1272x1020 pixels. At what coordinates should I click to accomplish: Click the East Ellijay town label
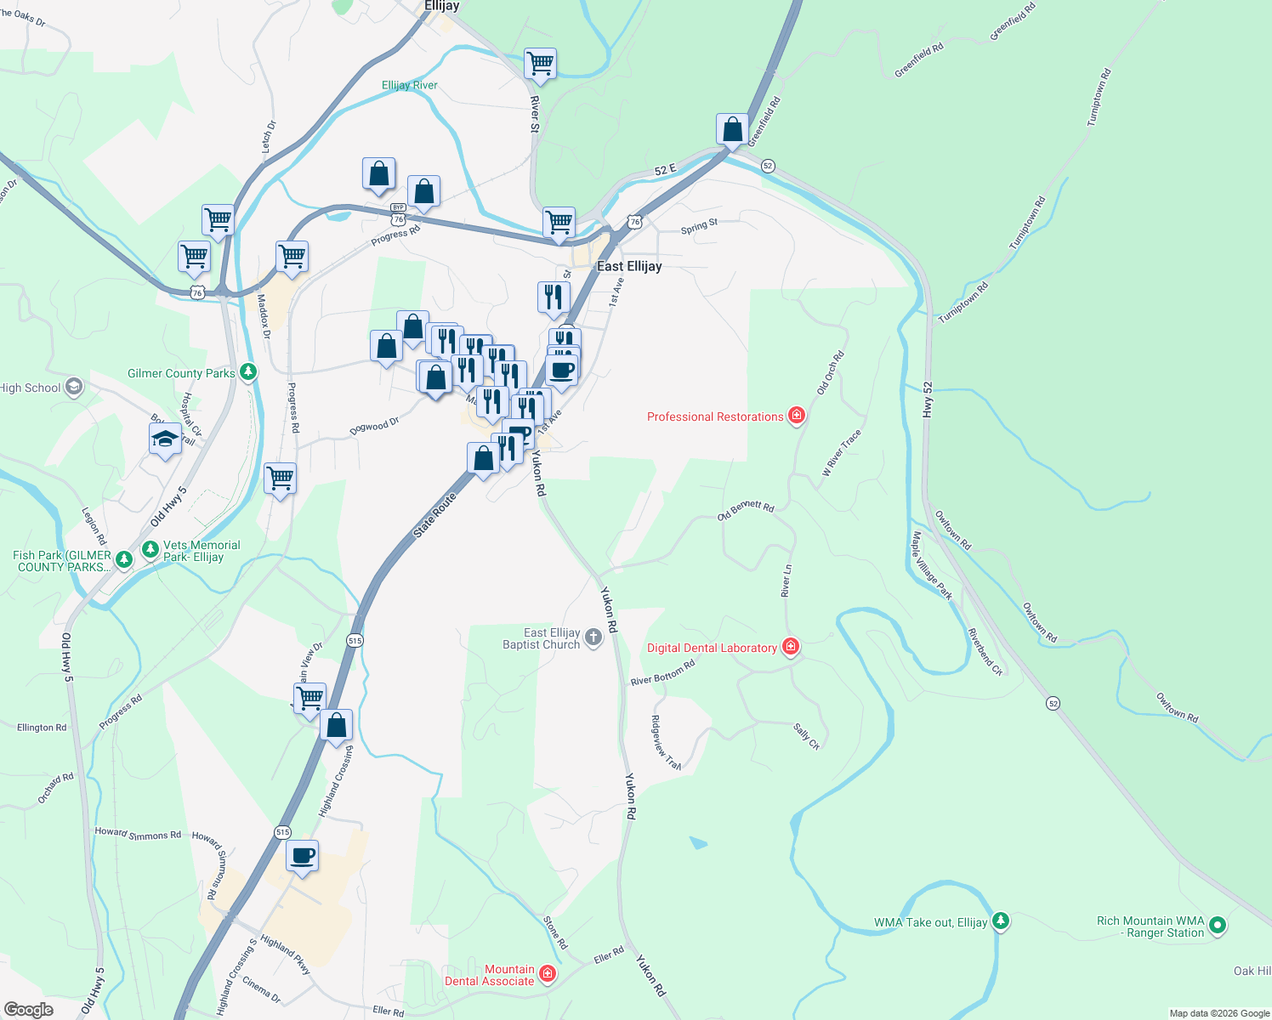click(x=629, y=266)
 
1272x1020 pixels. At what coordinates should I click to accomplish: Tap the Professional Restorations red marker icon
click(x=797, y=416)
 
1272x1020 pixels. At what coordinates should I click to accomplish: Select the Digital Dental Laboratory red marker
click(x=791, y=647)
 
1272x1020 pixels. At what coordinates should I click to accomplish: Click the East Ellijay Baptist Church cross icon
click(x=593, y=637)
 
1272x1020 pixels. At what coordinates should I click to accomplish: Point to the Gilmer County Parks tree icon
click(x=247, y=372)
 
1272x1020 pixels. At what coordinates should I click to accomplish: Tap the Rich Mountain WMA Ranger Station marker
click(x=1217, y=925)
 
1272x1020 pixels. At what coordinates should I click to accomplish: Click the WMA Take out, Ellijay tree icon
click(x=1001, y=921)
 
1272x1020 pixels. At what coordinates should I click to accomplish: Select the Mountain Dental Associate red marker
click(x=548, y=973)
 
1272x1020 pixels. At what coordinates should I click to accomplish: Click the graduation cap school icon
click(x=165, y=439)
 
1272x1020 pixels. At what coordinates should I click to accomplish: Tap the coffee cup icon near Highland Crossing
click(x=302, y=855)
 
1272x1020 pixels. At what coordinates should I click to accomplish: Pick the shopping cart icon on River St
click(x=541, y=62)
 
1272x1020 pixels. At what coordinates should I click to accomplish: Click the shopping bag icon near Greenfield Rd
click(x=732, y=129)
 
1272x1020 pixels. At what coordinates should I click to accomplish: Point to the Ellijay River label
click(x=410, y=85)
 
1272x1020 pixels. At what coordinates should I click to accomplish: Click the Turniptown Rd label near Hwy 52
click(x=964, y=302)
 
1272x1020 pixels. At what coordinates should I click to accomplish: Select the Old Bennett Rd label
click(x=746, y=510)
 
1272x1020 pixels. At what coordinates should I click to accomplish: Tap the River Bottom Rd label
click(x=663, y=672)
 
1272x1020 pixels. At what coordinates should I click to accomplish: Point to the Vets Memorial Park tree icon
click(x=150, y=550)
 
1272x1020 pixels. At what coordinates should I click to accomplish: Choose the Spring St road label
click(x=700, y=226)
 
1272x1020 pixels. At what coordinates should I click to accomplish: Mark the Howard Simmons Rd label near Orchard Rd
click(x=138, y=834)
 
